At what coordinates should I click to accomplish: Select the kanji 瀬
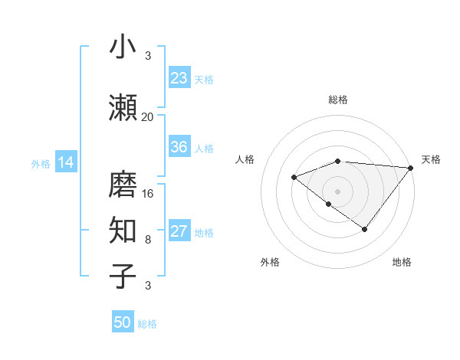(x=123, y=107)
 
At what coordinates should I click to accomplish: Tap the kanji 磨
(x=123, y=184)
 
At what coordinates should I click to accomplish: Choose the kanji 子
(x=123, y=277)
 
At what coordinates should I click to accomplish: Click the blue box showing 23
(x=179, y=78)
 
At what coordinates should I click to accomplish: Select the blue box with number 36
(x=179, y=147)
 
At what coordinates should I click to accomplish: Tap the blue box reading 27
(x=179, y=231)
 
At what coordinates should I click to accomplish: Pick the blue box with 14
(x=66, y=162)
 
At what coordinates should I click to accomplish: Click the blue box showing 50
(x=123, y=322)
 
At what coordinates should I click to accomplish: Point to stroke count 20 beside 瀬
(x=148, y=117)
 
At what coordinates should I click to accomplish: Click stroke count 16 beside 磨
(x=148, y=194)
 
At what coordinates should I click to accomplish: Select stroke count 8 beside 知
(x=148, y=240)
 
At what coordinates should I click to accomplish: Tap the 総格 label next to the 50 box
(x=147, y=324)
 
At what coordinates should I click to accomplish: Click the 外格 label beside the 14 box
(x=41, y=163)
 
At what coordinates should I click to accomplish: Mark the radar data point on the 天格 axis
(x=411, y=167)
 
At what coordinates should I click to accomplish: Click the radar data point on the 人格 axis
(x=294, y=178)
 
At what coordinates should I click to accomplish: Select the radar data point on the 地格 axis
(x=365, y=229)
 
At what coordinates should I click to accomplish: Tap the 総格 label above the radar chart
(x=338, y=100)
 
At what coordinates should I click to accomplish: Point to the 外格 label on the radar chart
(x=270, y=263)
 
